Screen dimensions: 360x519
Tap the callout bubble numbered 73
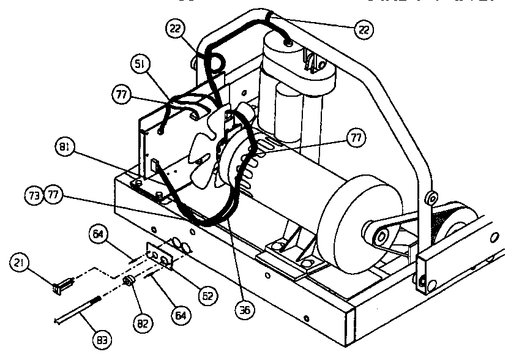click(34, 196)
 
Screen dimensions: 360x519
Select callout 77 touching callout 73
click(54, 196)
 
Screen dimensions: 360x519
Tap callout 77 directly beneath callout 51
click(122, 94)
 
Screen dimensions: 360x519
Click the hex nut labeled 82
click(130, 282)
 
